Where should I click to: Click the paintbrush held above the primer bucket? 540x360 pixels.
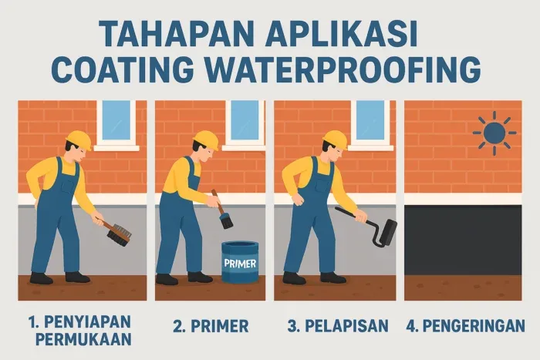pos(224,215)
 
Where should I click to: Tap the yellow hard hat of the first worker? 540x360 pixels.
pos(78,139)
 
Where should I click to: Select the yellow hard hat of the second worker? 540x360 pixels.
pos(206,139)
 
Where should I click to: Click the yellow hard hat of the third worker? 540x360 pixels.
pos(334,139)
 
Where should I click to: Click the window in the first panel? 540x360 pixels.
pos(116,123)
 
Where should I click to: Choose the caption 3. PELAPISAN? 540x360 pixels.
pos(337,325)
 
